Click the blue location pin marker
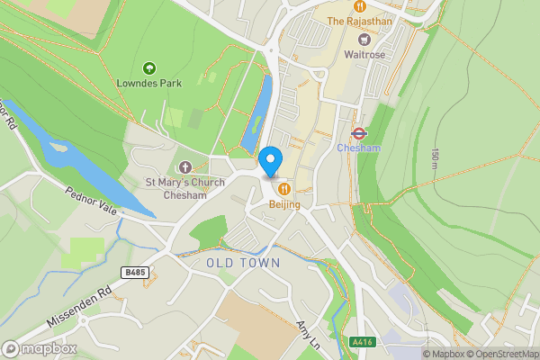click(271, 161)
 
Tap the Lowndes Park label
click(149, 83)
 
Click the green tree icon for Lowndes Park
click(149, 67)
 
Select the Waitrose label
click(364, 54)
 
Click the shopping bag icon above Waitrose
click(364, 39)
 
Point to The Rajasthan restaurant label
click(358, 21)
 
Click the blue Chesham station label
click(358, 148)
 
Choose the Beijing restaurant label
click(284, 204)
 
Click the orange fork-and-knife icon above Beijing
click(284, 189)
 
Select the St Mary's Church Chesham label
click(184, 188)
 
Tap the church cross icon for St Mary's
click(185, 166)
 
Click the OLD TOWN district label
click(243, 263)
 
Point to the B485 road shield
click(134, 271)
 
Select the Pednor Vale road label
click(91, 201)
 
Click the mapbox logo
click(40, 348)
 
